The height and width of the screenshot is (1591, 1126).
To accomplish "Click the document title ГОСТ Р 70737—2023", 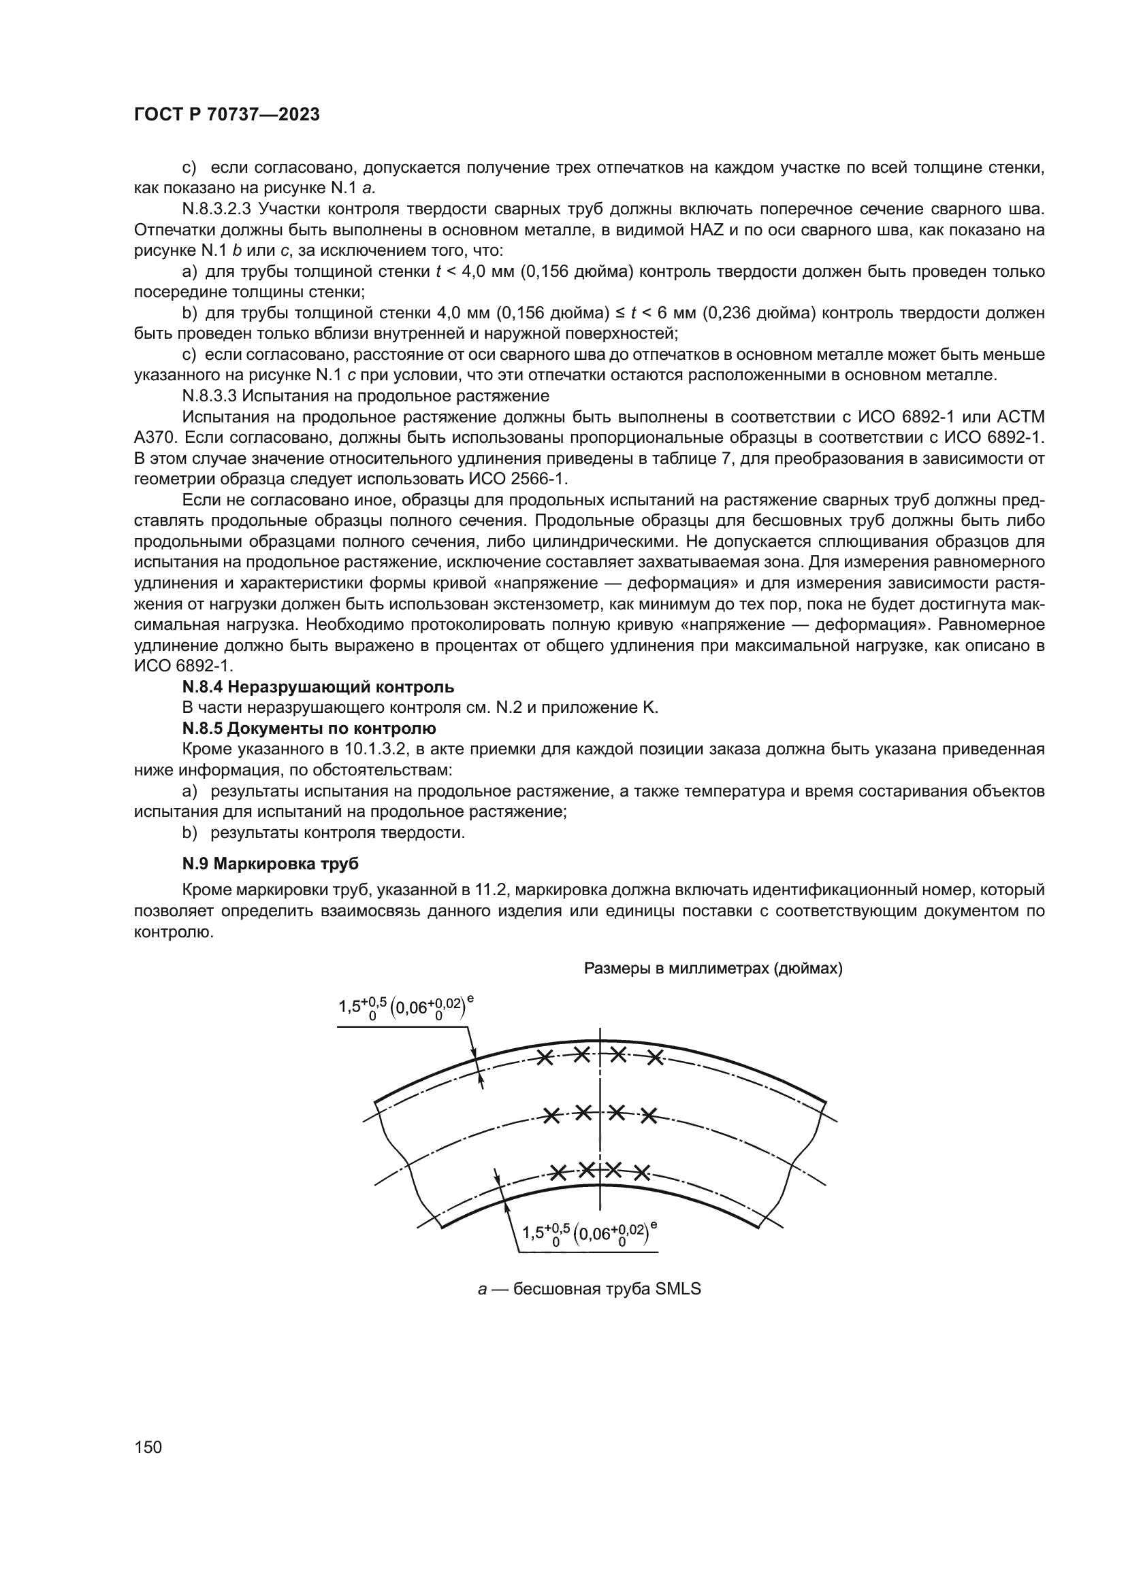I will point(227,115).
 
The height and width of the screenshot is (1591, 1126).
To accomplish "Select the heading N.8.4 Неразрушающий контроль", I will point(318,688).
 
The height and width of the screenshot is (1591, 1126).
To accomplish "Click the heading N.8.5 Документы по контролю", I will point(309,728).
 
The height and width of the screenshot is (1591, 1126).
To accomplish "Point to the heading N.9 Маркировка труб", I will point(270,864).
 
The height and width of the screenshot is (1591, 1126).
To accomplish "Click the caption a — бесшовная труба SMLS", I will point(590,1289).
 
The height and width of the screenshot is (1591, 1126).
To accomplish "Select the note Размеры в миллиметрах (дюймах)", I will point(713,968).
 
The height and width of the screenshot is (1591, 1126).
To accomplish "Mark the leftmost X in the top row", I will point(546,1058).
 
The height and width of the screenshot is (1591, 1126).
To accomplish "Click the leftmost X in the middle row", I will point(551,1116).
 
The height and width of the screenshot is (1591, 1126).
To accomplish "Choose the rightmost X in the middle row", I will point(648,1116).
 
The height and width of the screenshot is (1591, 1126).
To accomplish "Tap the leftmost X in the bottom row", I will point(558,1173).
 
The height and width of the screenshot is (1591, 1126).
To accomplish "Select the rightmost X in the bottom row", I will point(642,1173).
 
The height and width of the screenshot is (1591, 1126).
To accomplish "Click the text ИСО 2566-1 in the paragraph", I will point(519,479).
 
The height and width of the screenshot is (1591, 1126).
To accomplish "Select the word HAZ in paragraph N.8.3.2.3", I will point(708,229).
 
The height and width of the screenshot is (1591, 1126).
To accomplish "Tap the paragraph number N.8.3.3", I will point(210,396).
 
